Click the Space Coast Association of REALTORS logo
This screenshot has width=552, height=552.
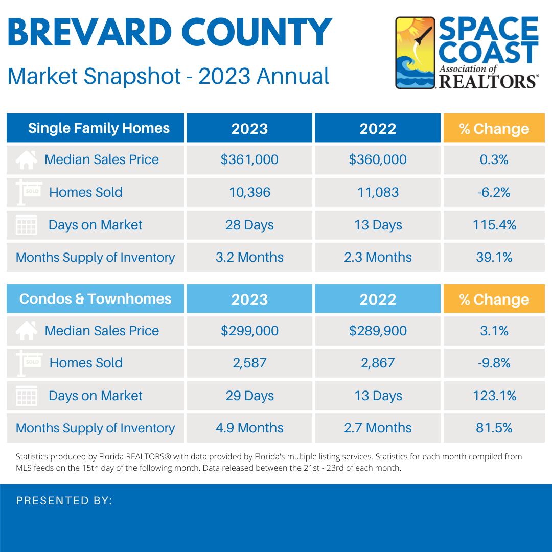(467, 53)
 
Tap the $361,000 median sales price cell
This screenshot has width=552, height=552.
(249, 159)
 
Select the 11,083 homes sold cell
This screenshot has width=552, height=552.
(378, 192)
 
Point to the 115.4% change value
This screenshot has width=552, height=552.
(494, 225)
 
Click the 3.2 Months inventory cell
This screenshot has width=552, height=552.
(249, 258)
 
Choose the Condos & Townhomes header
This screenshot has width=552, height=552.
(96, 299)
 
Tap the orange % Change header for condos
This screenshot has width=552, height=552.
(494, 300)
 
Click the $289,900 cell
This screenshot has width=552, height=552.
(378, 331)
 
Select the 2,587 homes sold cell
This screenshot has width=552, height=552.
(249, 363)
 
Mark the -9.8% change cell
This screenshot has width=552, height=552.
(494, 363)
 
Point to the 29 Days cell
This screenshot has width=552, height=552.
(249, 396)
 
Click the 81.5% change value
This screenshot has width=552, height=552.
(494, 428)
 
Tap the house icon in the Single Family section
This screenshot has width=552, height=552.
(26, 159)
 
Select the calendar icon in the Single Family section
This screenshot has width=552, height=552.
(26, 225)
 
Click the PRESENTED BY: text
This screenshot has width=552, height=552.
(64, 501)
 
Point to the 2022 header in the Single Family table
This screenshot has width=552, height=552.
(378, 129)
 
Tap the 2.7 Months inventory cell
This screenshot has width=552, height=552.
(378, 428)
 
